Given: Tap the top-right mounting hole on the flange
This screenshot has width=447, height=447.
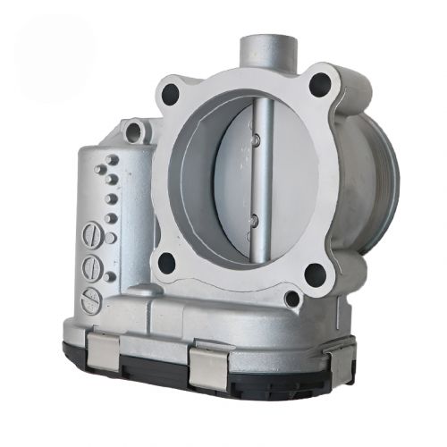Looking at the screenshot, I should click(319, 86).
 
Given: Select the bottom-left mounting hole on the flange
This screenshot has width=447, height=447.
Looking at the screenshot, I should click(167, 263).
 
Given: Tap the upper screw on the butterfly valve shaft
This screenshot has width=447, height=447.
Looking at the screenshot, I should click(254, 139).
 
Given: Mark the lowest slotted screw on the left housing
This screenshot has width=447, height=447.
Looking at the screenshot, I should click(90, 301).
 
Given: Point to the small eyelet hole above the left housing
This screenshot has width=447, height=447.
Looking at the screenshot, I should click(135, 132).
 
